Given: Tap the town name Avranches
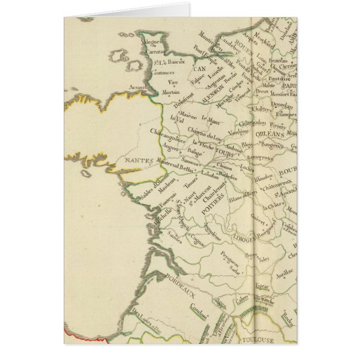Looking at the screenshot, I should pyautogui.click(x=140, y=87).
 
